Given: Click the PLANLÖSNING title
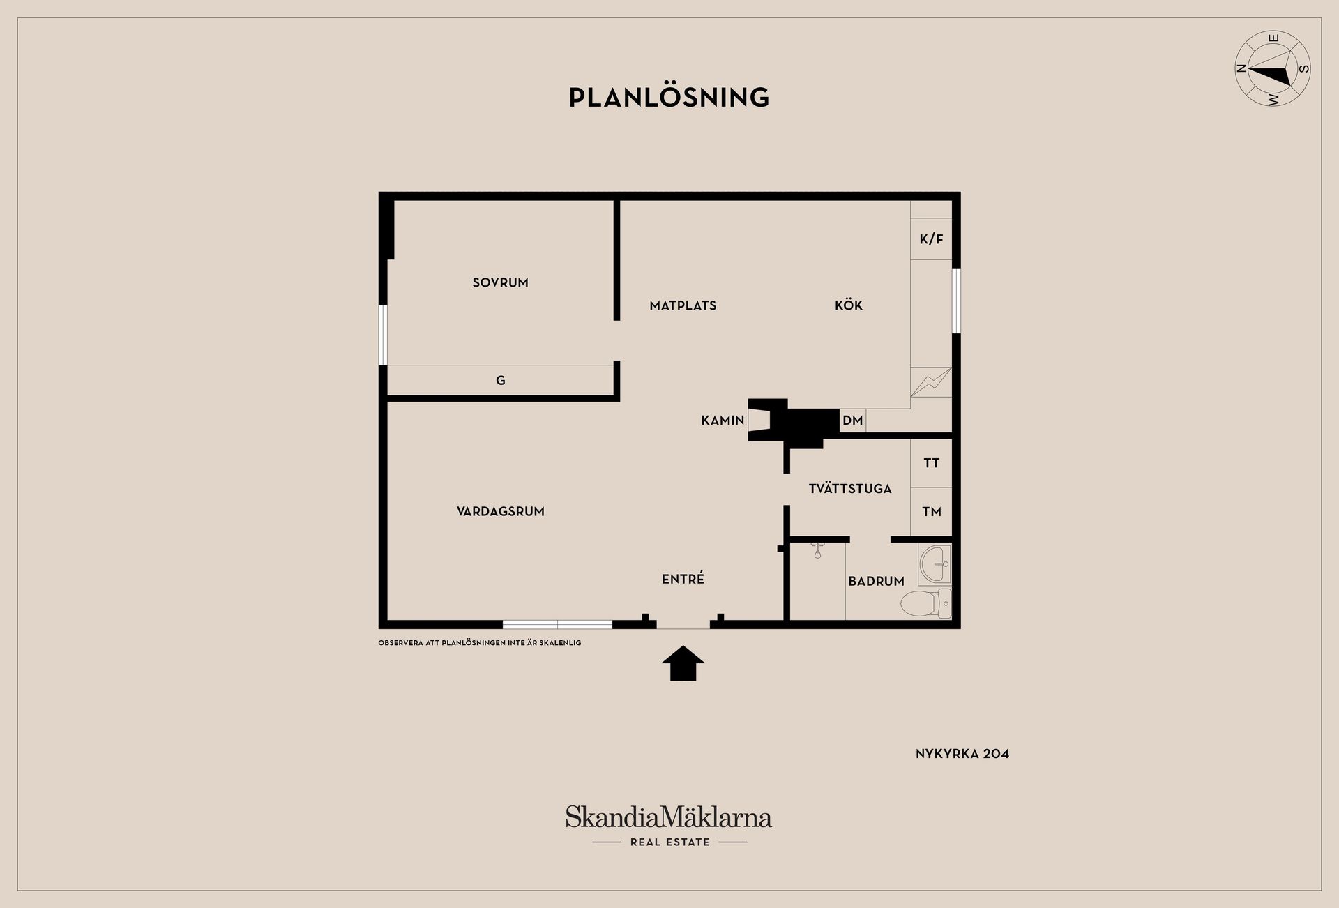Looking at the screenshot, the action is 669,98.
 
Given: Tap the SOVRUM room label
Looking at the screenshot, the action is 500,282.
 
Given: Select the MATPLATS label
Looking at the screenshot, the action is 683,305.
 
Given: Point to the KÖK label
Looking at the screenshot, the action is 849,305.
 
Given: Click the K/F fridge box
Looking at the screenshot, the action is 931,239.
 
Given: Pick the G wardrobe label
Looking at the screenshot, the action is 500,381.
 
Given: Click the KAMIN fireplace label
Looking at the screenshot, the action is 723,421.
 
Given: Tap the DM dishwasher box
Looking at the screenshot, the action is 853,421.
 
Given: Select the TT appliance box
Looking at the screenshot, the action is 931,463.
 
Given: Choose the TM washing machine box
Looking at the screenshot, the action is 931,512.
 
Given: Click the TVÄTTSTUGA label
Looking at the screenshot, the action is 850,488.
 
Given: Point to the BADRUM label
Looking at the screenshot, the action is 876,581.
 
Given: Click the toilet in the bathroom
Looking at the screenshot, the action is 926,603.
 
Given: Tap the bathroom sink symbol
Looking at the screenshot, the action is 935,564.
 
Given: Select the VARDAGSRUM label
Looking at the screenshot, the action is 500,511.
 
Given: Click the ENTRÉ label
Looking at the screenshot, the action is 683,578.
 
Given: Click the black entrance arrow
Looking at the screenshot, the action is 683,663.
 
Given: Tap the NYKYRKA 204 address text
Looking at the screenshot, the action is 962,753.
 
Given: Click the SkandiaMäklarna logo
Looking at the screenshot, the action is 669,826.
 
